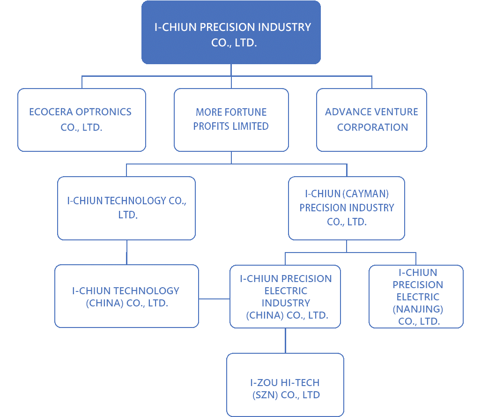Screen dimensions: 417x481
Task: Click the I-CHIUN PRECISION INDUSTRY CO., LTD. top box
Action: (x=231, y=32)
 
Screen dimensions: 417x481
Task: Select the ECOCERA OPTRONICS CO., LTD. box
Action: (x=81, y=120)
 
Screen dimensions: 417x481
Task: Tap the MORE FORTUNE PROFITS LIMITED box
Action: (x=231, y=120)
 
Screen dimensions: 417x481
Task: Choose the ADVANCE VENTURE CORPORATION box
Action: (x=371, y=120)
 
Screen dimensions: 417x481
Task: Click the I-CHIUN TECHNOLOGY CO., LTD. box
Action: (x=126, y=208)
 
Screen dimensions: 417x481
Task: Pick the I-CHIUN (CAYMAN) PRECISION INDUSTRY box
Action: (x=347, y=208)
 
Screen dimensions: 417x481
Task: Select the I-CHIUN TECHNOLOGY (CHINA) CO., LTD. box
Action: (x=126, y=296)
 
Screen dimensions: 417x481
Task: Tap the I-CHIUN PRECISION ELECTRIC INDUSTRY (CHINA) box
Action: (x=285, y=296)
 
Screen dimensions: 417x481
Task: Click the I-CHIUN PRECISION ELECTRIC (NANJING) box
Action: (x=416, y=297)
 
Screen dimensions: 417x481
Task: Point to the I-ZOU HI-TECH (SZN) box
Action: (x=285, y=384)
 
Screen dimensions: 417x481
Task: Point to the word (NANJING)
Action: (x=418, y=309)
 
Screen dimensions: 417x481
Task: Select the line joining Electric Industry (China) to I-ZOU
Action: (x=285, y=340)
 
